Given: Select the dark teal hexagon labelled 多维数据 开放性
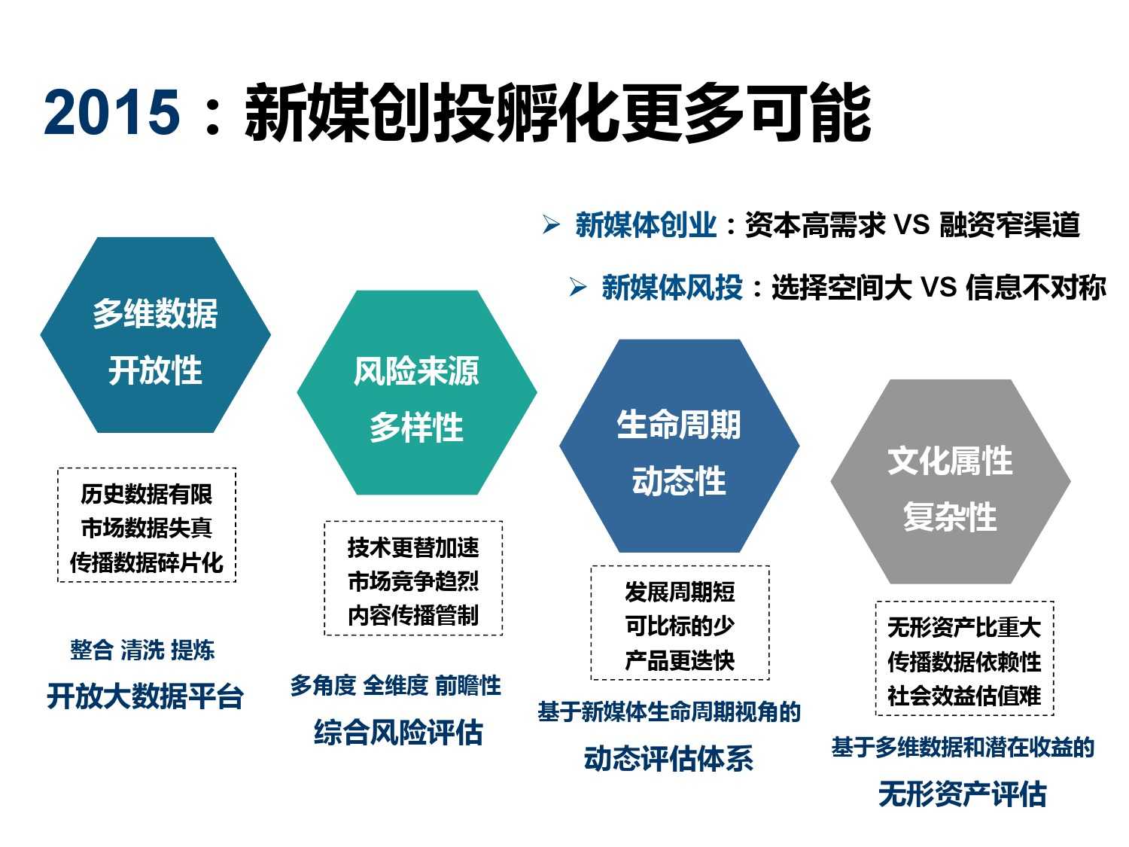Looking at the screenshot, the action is tap(155, 335).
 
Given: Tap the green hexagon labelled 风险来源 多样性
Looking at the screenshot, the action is tap(417, 392).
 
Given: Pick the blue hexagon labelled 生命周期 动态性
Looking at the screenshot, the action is tap(680, 446).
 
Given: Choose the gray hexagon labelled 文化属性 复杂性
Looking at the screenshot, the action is tap(951, 481).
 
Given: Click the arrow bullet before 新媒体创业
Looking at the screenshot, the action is tap(552, 224).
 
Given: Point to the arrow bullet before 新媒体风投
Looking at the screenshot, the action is tap(578, 287).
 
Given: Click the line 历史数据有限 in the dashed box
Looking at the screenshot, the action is tap(147, 494).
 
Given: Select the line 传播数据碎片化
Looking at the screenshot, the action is tap(147, 562).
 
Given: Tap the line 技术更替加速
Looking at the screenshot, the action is tap(413, 547).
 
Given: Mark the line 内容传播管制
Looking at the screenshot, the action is tap(413, 615).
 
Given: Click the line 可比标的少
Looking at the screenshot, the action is tap(680, 626).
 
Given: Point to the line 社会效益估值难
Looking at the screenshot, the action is tap(964, 696).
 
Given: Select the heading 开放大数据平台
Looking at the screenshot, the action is tap(145, 696).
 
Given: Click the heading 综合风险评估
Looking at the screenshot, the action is tap(399, 733).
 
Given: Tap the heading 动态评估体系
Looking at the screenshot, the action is tap(668, 759).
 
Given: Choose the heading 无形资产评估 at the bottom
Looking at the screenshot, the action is tap(963, 794).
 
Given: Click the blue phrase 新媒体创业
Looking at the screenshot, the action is tap(646, 224).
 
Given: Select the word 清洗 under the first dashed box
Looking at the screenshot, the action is tap(142, 650).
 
